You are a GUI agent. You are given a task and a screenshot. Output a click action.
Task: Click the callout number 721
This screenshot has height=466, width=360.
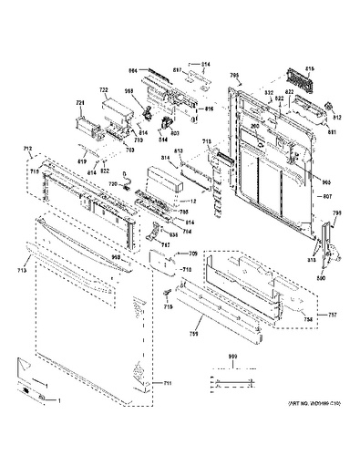point(80,104)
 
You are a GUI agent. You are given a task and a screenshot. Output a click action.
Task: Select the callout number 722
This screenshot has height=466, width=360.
point(104,91)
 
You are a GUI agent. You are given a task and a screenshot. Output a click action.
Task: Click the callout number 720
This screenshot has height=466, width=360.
point(114,183)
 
